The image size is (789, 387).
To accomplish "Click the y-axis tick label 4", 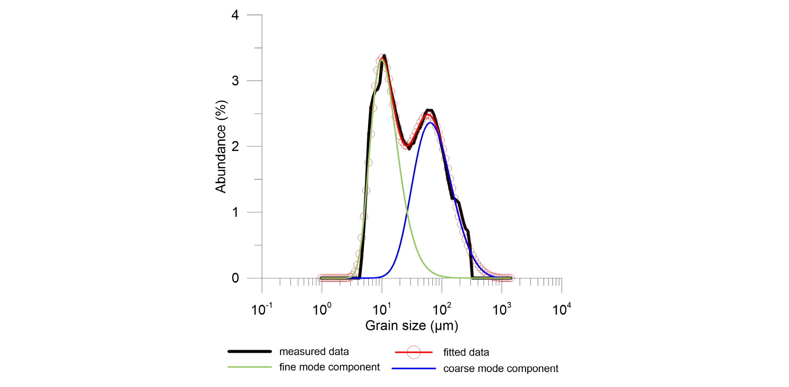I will (x=235, y=15).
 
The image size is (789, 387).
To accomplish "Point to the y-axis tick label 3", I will (x=235, y=81).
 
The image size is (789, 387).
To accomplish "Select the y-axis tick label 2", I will (x=235, y=147).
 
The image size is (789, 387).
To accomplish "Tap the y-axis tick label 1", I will (x=235, y=212).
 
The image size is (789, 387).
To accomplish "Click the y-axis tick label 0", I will (x=235, y=278).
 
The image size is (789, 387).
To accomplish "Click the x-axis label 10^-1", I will (x=261, y=310).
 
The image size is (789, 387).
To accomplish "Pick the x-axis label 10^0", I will (x=321, y=310).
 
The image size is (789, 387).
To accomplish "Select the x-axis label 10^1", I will (x=382, y=310).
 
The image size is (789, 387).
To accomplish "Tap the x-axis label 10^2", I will (x=442, y=310).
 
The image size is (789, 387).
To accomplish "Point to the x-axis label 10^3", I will (x=502, y=310).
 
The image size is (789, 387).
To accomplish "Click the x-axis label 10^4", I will (x=561, y=310).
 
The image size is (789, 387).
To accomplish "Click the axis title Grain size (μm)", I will (x=411, y=326).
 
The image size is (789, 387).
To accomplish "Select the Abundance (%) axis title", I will (x=221, y=146).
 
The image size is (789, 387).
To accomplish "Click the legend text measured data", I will (x=314, y=352).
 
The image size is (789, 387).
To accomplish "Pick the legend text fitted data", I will (x=466, y=352).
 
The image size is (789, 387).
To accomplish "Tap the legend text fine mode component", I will (x=329, y=367).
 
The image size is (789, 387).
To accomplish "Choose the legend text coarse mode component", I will (x=501, y=369).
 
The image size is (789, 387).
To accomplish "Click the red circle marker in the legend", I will (x=413, y=352).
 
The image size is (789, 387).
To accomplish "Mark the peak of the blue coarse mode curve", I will (x=431, y=123).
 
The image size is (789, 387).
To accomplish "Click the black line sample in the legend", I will (x=250, y=351).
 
